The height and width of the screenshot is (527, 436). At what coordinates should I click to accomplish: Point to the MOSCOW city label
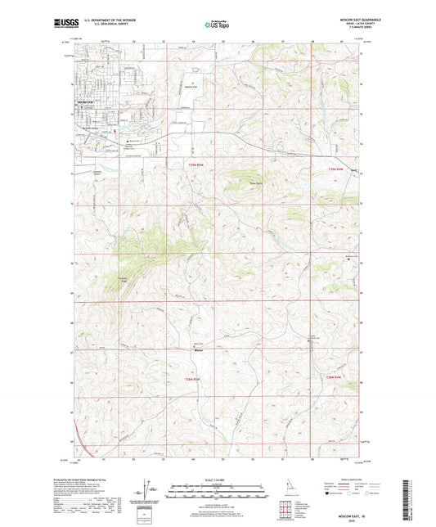[x=86, y=101]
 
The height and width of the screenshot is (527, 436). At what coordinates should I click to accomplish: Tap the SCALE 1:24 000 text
[x=216, y=478]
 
